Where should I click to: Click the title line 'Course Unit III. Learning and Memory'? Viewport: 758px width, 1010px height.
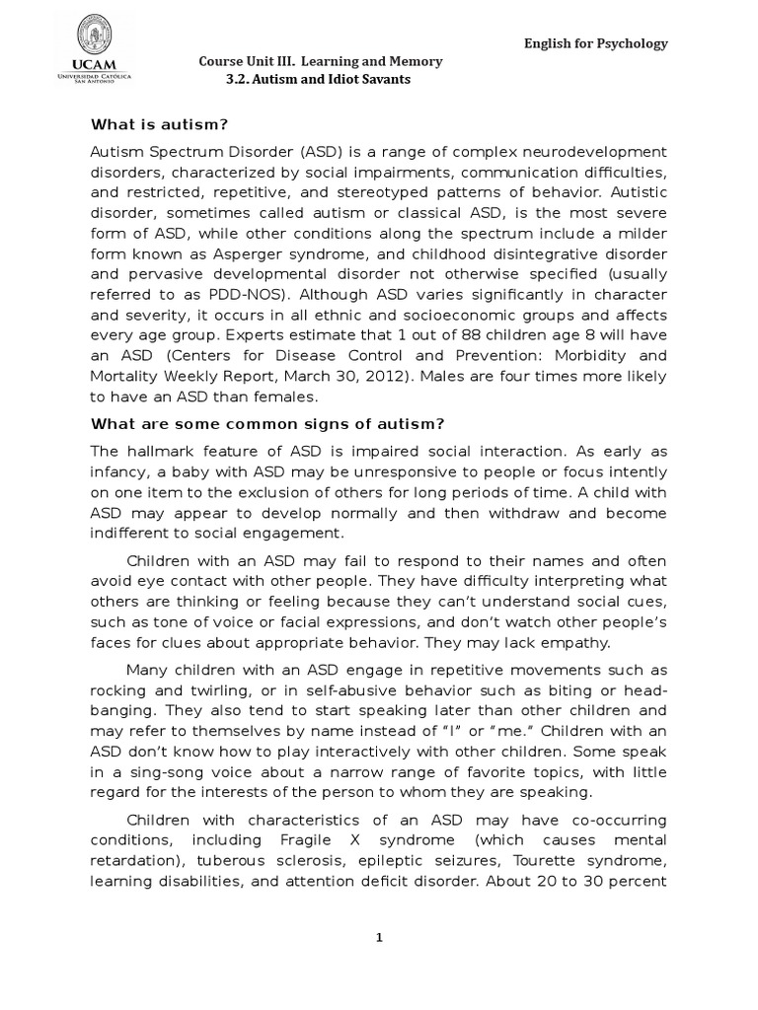[x=321, y=61]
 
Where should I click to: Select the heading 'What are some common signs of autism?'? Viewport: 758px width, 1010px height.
[x=267, y=424]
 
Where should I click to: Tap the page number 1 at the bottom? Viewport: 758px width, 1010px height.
[x=378, y=938]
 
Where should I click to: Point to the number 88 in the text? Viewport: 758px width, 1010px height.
[x=440, y=333]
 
